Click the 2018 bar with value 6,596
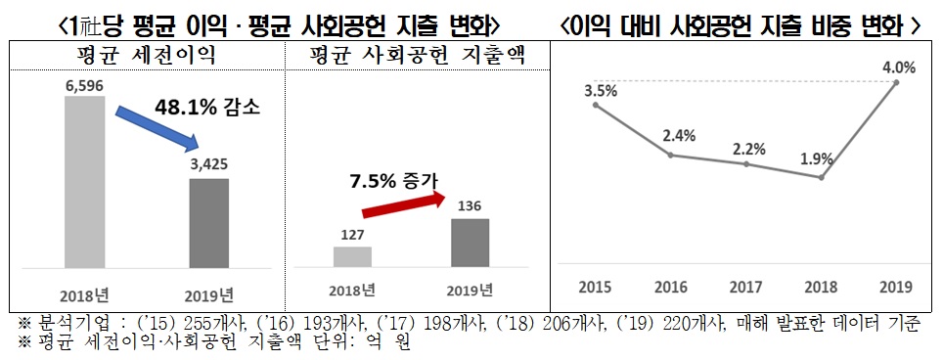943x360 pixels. (x=83, y=182)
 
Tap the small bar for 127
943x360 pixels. (x=352, y=256)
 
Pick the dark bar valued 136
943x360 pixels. (x=470, y=243)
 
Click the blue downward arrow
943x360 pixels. (x=153, y=129)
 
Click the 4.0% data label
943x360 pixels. (x=898, y=68)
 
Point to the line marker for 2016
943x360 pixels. (x=671, y=155)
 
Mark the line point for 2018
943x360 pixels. (x=823, y=178)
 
